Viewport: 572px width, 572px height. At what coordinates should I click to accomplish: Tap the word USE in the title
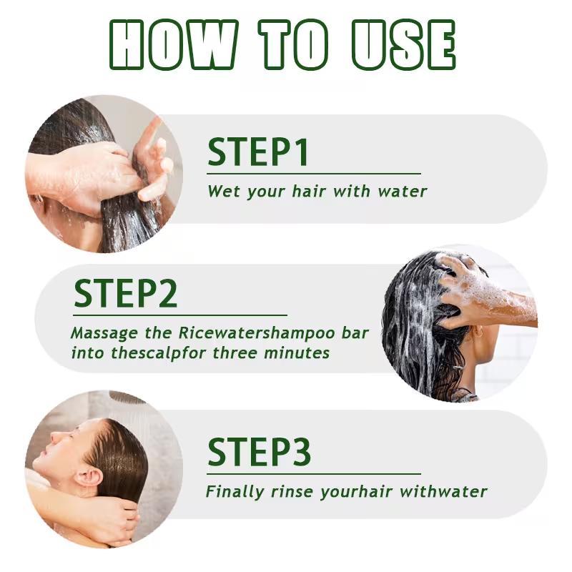(x=403, y=44)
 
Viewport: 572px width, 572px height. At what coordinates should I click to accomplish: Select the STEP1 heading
(x=258, y=152)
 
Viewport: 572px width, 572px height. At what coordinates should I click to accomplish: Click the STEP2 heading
(x=126, y=293)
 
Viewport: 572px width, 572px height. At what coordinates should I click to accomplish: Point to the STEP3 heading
(x=259, y=452)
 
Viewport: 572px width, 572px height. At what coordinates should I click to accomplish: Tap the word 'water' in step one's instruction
(x=402, y=191)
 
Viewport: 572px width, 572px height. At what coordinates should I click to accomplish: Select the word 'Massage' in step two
(x=104, y=333)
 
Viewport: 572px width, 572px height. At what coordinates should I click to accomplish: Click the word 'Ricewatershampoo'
(x=257, y=333)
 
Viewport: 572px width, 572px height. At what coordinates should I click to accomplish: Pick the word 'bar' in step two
(x=355, y=333)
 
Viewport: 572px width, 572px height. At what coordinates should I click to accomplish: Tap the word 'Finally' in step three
(x=235, y=492)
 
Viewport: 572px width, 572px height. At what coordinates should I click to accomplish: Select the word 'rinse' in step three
(x=292, y=492)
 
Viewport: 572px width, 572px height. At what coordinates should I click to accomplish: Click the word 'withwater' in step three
(x=443, y=492)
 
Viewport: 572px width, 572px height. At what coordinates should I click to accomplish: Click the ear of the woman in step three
(x=87, y=478)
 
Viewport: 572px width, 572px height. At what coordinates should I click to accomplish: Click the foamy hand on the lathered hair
(x=478, y=288)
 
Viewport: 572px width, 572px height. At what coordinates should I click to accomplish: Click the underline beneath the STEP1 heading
(x=314, y=174)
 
